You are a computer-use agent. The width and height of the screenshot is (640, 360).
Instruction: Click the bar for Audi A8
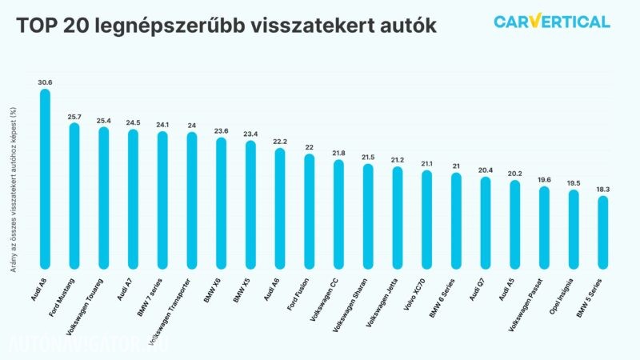click(x=45, y=179)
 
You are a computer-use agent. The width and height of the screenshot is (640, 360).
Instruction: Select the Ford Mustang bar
click(x=74, y=196)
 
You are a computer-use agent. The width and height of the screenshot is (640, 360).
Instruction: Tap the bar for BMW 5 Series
click(x=602, y=233)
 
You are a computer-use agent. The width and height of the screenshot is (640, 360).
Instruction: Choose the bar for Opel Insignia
click(x=573, y=229)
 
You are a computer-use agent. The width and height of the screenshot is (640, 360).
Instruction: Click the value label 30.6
click(x=45, y=82)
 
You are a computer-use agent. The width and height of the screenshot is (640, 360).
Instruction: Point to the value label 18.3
click(x=602, y=189)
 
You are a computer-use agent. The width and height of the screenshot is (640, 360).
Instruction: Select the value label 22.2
click(x=279, y=142)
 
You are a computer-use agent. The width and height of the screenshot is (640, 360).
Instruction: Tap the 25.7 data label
click(x=74, y=117)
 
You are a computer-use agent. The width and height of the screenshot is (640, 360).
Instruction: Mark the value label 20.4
click(x=485, y=170)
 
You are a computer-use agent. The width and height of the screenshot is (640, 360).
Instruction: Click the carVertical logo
click(x=551, y=22)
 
